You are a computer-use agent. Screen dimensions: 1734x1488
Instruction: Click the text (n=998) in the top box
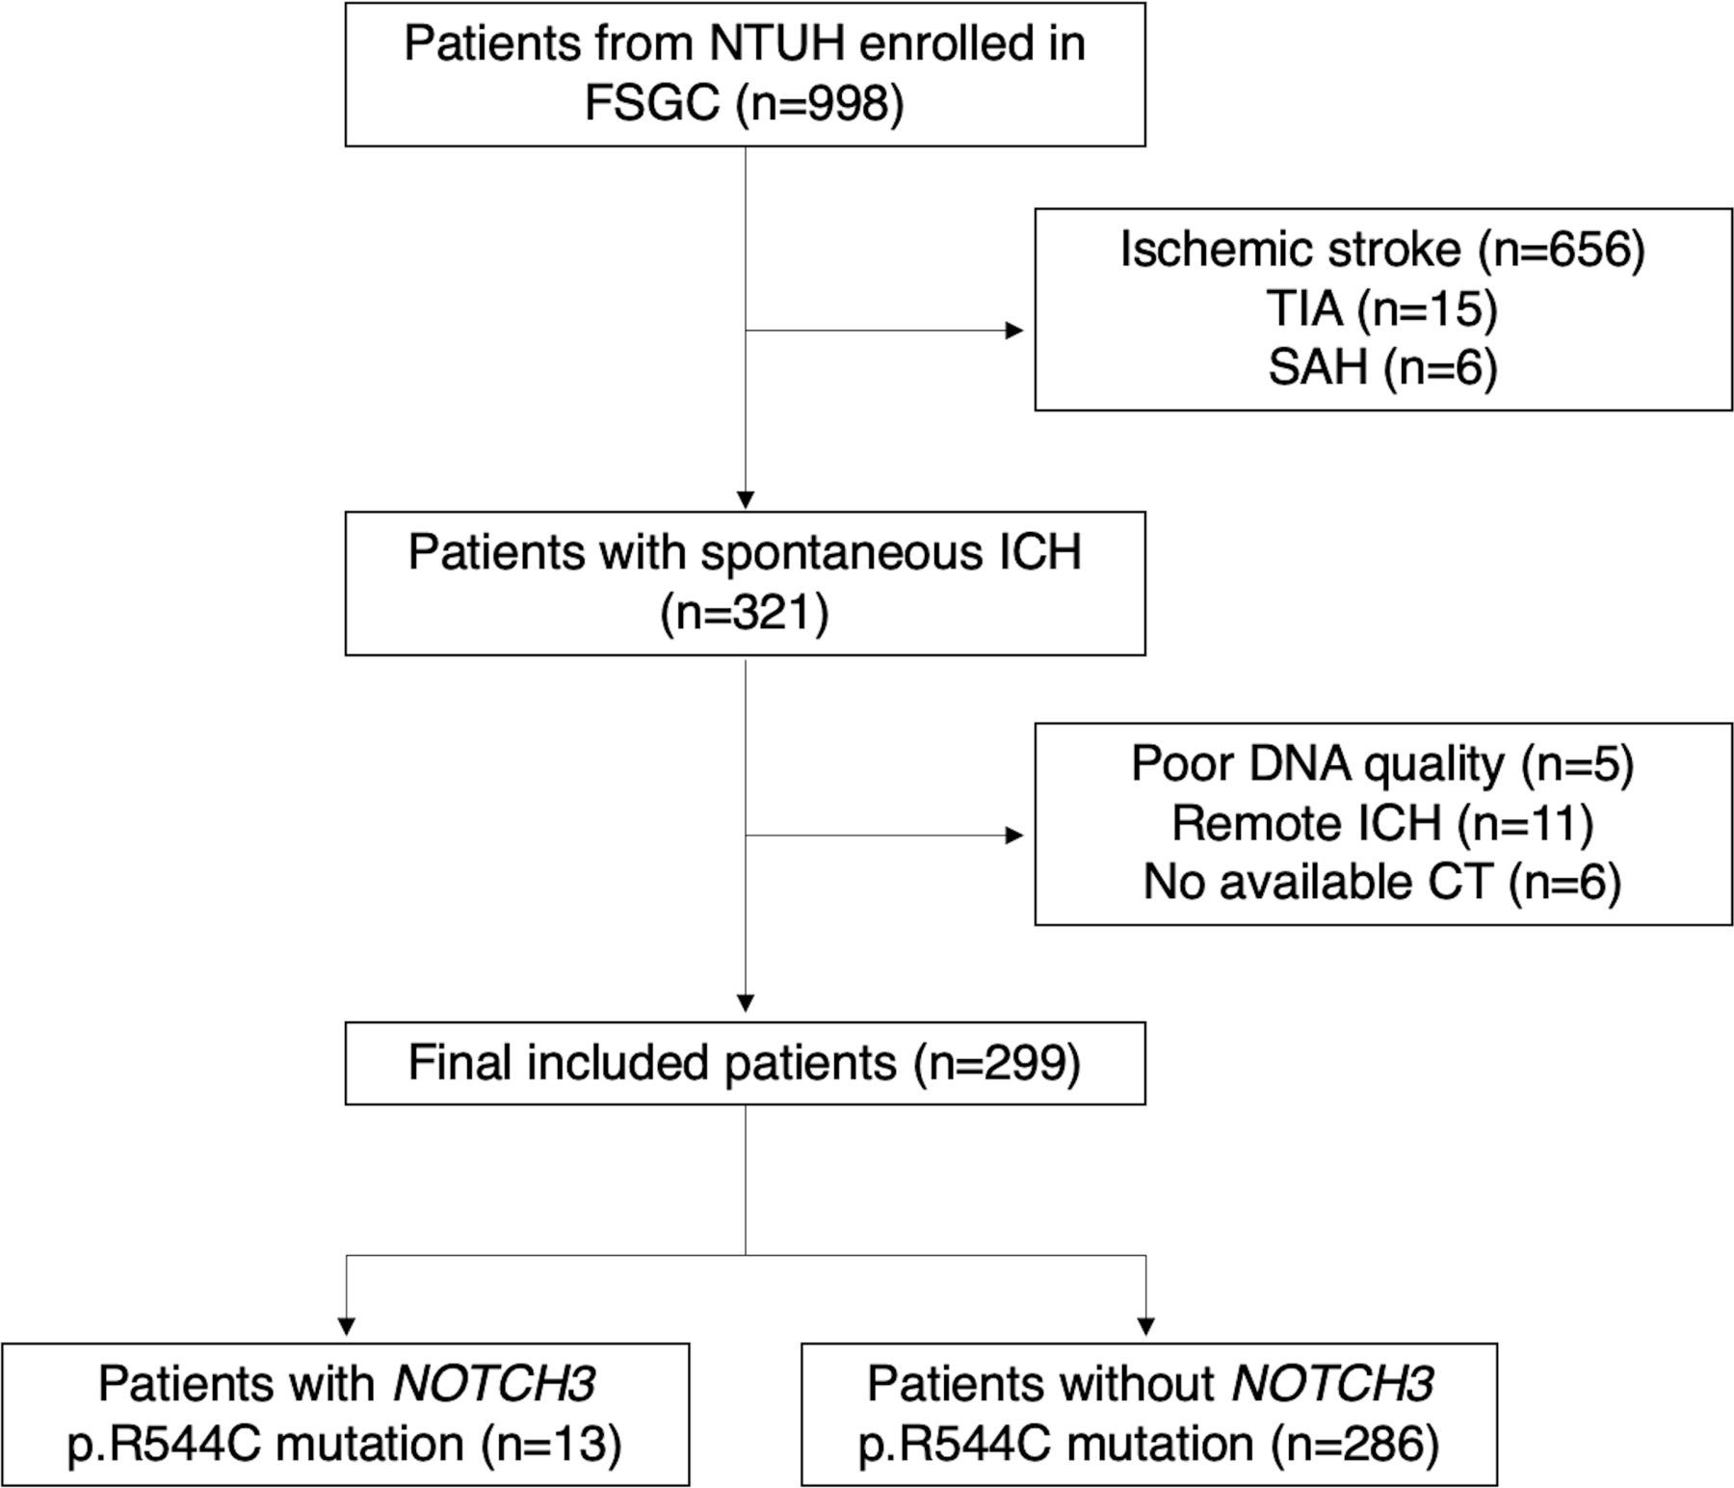tap(820, 102)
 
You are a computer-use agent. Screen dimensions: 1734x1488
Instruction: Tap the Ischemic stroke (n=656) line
tap(1382, 250)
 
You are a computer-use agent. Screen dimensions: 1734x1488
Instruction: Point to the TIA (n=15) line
tap(1382, 308)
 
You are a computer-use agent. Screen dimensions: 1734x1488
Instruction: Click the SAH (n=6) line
tap(1382, 367)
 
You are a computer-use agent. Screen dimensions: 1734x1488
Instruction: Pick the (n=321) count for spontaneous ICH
tap(745, 613)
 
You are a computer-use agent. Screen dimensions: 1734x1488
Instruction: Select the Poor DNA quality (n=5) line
tap(1382, 764)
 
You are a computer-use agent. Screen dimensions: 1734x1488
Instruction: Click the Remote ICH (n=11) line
tap(1382, 823)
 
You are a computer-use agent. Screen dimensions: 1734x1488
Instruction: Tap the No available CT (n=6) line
tap(1382, 882)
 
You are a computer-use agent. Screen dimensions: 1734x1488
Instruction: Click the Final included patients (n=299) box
tap(745, 1063)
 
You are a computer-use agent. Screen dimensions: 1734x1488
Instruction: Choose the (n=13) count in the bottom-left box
tap(552, 1444)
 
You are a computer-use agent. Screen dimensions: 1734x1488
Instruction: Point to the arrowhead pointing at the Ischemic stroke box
tap(1014, 331)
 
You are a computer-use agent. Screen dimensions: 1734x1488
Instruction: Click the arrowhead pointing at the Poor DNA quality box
tap(1014, 836)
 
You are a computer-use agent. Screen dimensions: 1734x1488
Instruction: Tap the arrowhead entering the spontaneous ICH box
tap(745, 501)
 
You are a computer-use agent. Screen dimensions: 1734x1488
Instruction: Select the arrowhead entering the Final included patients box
tap(745, 1003)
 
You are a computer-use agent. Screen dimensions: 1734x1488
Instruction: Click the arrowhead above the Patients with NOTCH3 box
tap(346, 1326)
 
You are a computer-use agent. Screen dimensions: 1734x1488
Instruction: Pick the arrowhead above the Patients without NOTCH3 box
tap(1145, 1326)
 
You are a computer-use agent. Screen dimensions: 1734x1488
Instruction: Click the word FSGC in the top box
tap(652, 102)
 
